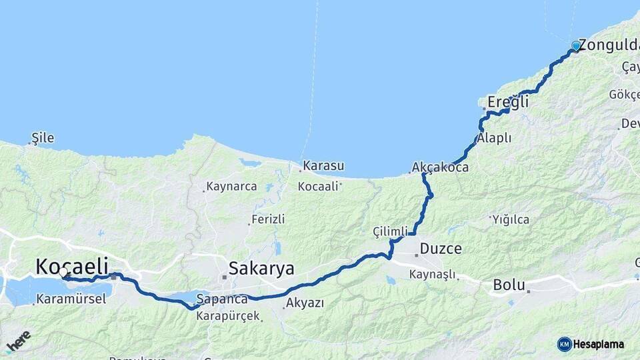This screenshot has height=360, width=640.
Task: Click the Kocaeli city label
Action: [69, 267]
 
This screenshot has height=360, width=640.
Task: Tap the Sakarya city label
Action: [261, 268]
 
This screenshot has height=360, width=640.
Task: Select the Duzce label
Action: [441, 249]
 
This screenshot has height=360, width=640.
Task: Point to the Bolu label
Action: [509, 285]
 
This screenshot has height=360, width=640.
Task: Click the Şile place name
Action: [43, 139]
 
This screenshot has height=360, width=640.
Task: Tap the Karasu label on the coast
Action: [323, 165]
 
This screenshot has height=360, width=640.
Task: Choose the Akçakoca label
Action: [440, 167]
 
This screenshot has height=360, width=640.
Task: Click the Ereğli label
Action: [507, 102]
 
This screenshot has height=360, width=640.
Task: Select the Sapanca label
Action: [222, 299]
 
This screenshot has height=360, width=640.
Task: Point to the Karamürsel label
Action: [71, 299]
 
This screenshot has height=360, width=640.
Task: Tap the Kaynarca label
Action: [231, 187]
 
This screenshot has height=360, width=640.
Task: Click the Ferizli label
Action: [269, 219]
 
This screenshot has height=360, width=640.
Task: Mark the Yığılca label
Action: [511, 219]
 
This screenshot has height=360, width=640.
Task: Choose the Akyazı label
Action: [305, 303]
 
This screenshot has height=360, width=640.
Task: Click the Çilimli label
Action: [390, 231]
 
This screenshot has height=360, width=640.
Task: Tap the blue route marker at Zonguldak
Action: [576, 46]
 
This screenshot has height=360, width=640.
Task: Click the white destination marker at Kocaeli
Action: [63, 273]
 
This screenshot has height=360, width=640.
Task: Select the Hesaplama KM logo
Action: [591, 344]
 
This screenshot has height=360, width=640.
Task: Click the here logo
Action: [18, 341]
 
